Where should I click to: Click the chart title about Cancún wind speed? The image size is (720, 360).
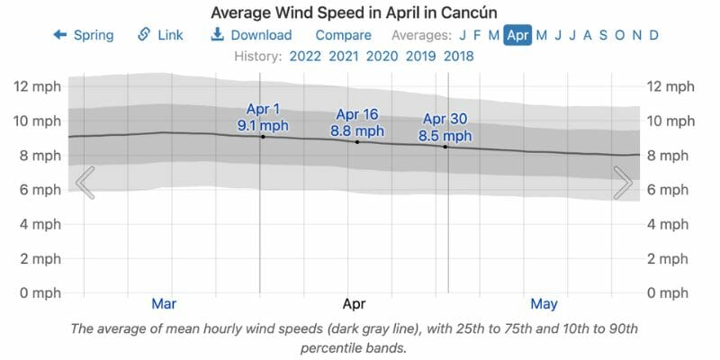[360, 13]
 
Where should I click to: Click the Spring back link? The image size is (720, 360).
[84, 35]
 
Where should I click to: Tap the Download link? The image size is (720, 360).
[251, 35]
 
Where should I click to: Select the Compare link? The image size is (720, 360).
[343, 35]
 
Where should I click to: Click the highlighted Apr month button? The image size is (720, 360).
[517, 35]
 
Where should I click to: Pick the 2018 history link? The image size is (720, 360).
[457, 57]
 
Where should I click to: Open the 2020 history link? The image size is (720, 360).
[382, 57]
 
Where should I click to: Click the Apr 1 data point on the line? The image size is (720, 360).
[262, 136]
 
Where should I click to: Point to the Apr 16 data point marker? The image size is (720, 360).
[357, 141]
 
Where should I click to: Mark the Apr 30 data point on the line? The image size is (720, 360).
[445, 146]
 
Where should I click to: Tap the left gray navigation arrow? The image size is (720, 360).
[85, 183]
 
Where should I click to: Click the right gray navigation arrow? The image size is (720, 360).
[623, 183]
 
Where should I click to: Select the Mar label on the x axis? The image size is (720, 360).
[164, 303]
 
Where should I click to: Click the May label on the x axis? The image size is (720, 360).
[544, 303]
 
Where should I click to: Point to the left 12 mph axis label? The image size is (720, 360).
[37, 86]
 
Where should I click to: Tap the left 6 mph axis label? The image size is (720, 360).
[37, 190]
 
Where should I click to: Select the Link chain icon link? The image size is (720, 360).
[160, 35]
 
